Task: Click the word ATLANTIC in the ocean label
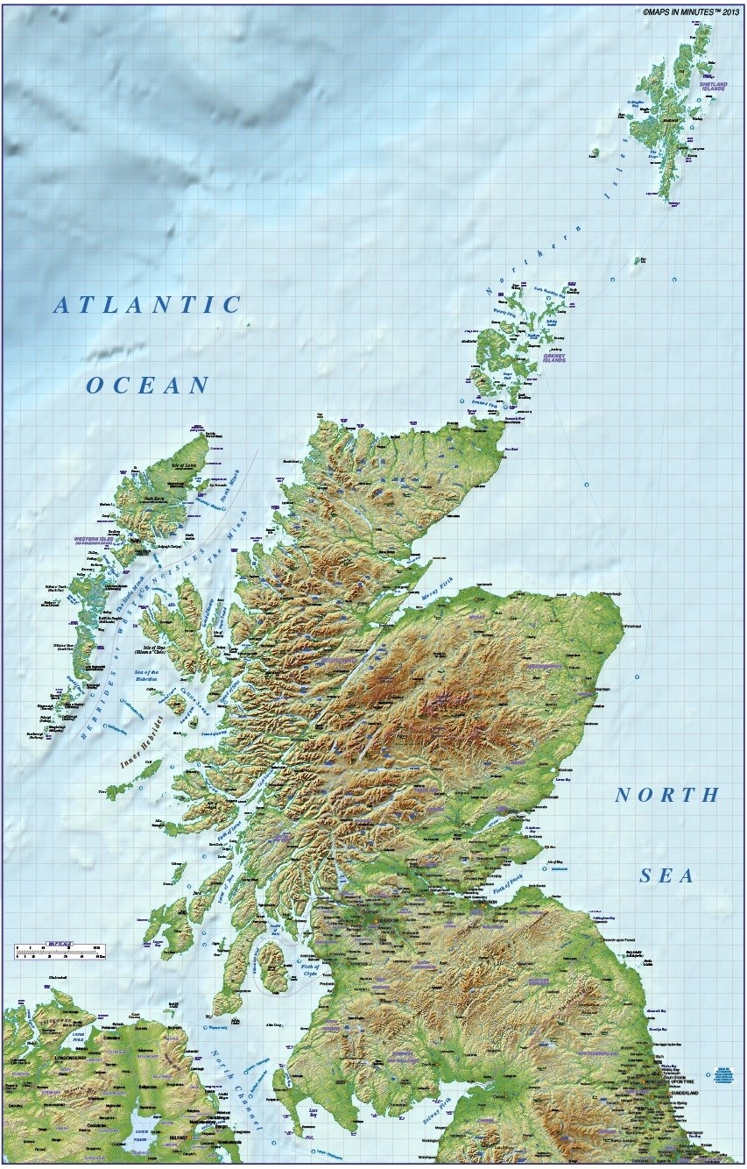tap(147, 305)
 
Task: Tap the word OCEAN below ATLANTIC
tap(148, 385)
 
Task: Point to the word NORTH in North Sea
tap(666, 796)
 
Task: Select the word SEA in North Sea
tap(666, 875)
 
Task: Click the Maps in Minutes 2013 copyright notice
tap(691, 12)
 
